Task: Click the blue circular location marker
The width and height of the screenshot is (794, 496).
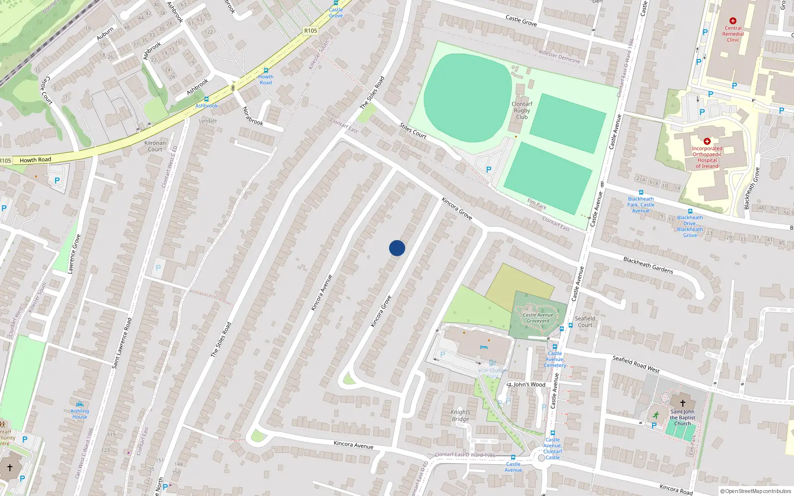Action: [x=397, y=248]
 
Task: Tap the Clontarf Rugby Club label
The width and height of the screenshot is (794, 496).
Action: [x=522, y=111]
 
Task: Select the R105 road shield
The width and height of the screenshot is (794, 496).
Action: [x=311, y=31]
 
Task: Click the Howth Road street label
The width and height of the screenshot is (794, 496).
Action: [x=35, y=160]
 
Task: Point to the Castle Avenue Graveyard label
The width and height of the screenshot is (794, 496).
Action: [x=538, y=317]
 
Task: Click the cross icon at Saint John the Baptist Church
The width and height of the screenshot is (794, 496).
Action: [x=682, y=403]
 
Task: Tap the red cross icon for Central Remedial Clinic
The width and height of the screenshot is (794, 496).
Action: [x=733, y=21]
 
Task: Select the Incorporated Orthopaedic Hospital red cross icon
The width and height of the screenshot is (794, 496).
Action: [x=707, y=141]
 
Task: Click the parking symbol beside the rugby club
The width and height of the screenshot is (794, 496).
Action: [x=489, y=170]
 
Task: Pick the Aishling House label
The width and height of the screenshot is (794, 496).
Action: [x=79, y=414]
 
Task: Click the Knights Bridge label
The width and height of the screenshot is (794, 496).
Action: [x=461, y=416]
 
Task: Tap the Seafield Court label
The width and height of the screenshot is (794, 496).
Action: [x=585, y=322]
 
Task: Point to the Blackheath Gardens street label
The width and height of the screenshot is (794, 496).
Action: [x=648, y=265]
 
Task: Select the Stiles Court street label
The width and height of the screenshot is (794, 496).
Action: [x=413, y=131]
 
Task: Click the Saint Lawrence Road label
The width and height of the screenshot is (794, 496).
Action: [x=122, y=343]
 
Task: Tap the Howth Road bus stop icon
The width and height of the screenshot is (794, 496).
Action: [x=266, y=70]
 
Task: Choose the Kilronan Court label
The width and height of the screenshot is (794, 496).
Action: [x=155, y=146]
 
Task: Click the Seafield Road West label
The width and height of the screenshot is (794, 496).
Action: [x=636, y=364]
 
